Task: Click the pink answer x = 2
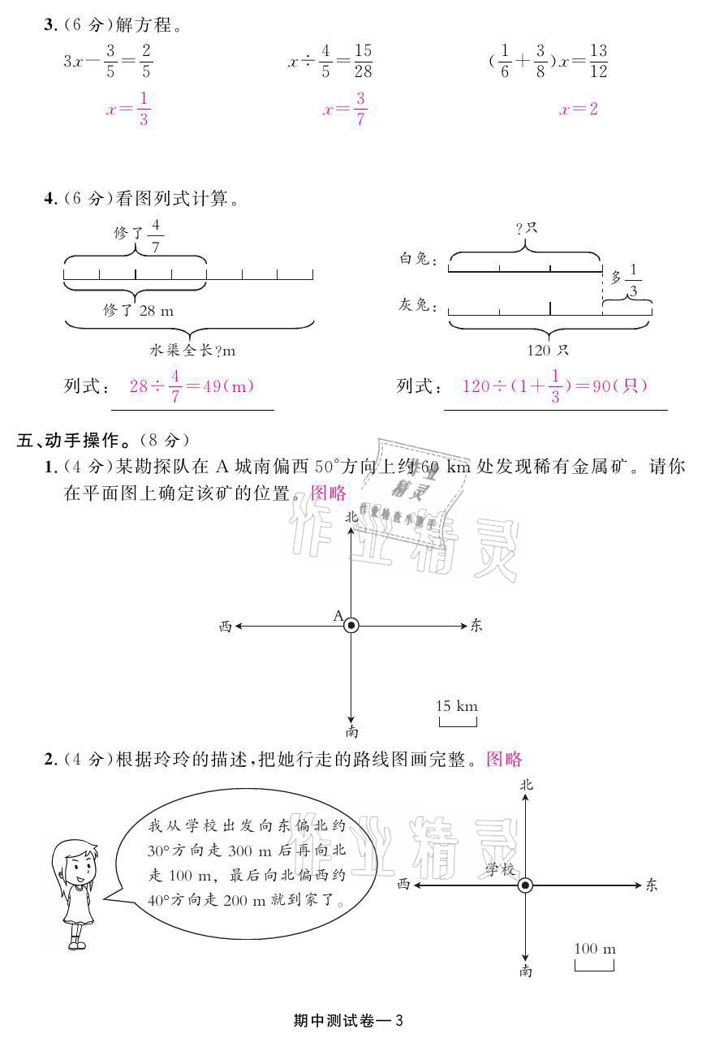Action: pyautogui.click(x=578, y=110)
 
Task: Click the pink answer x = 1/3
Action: pyautogui.click(x=127, y=110)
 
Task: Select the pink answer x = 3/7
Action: pyautogui.click(x=345, y=110)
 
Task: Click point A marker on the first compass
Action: pyautogui.click(x=351, y=625)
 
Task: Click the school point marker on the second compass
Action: pyautogui.click(x=526, y=885)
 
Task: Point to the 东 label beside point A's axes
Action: pyautogui.click(x=476, y=625)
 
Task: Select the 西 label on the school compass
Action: pyautogui.click(x=403, y=885)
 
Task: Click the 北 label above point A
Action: pyautogui.click(x=351, y=516)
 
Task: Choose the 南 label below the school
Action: pyautogui.click(x=526, y=971)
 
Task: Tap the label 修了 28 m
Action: pyautogui.click(x=138, y=310)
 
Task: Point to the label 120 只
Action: pyautogui.click(x=549, y=351)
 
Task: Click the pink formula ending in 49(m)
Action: pyautogui.click(x=192, y=386)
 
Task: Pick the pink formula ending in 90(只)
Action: pyautogui.click(x=554, y=386)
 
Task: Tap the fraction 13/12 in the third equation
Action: pyautogui.click(x=598, y=61)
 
